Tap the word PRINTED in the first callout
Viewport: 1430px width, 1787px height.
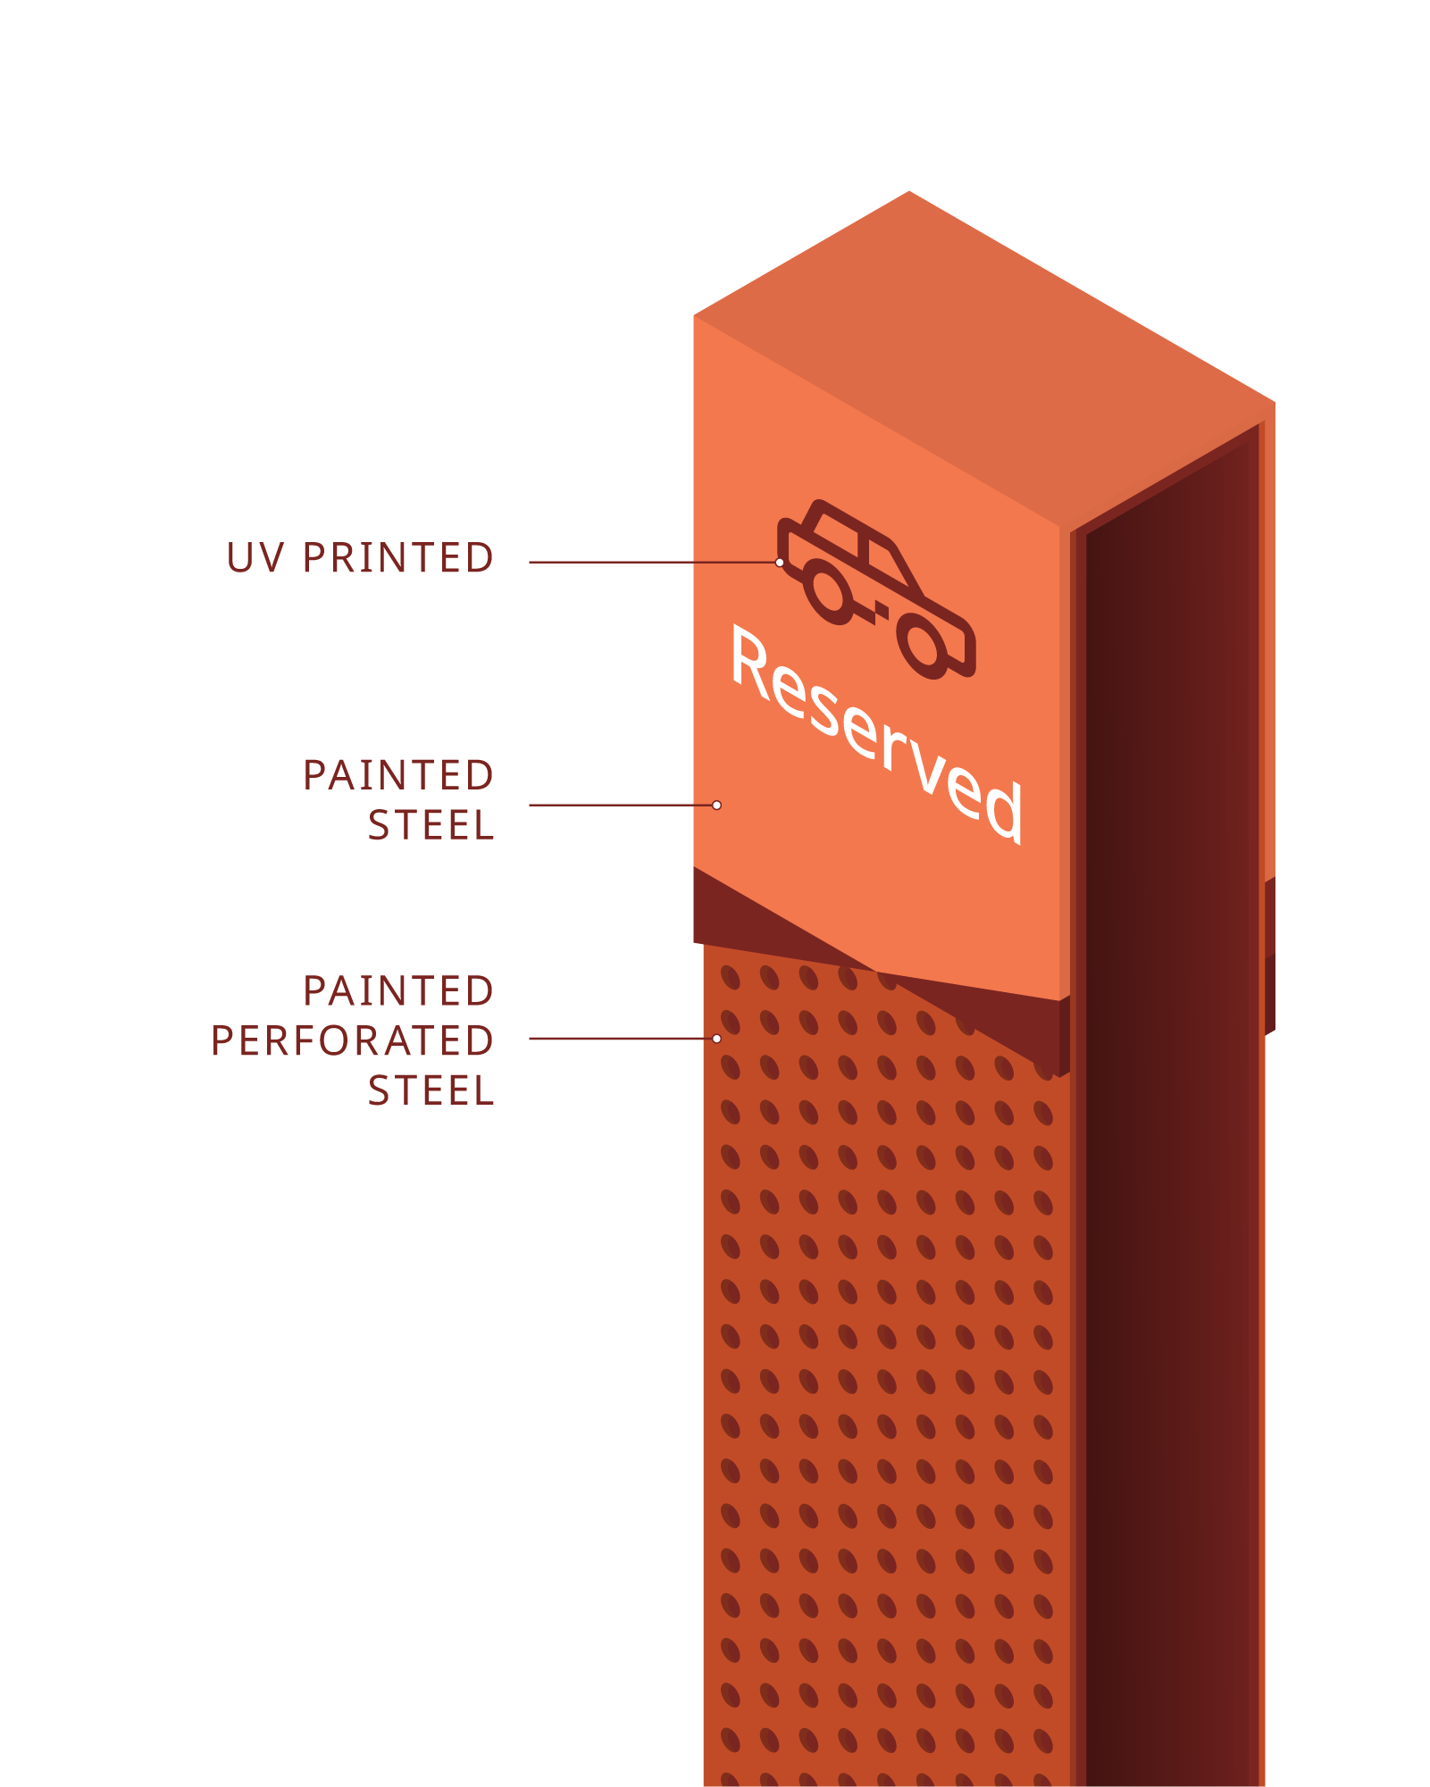pyautogui.click(x=397, y=558)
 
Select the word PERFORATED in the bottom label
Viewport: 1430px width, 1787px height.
pyautogui.click(x=352, y=1041)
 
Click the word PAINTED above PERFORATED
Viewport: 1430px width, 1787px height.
pyautogui.click(x=397, y=991)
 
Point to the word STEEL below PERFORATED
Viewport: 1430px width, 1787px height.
pyautogui.click(x=431, y=1091)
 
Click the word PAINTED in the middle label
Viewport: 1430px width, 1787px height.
pyautogui.click(x=397, y=775)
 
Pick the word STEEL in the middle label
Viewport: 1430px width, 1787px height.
pyautogui.click(x=431, y=825)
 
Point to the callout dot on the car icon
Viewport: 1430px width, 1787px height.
pyautogui.click(x=780, y=563)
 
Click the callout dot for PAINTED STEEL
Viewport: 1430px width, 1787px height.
pyautogui.click(x=716, y=806)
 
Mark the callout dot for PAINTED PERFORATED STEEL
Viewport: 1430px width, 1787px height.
pyautogui.click(x=716, y=1039)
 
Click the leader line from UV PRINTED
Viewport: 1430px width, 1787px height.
pyautogui.click(x=652, y=563)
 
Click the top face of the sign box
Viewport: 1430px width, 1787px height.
pyautogui.click(x=983, y=357)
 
